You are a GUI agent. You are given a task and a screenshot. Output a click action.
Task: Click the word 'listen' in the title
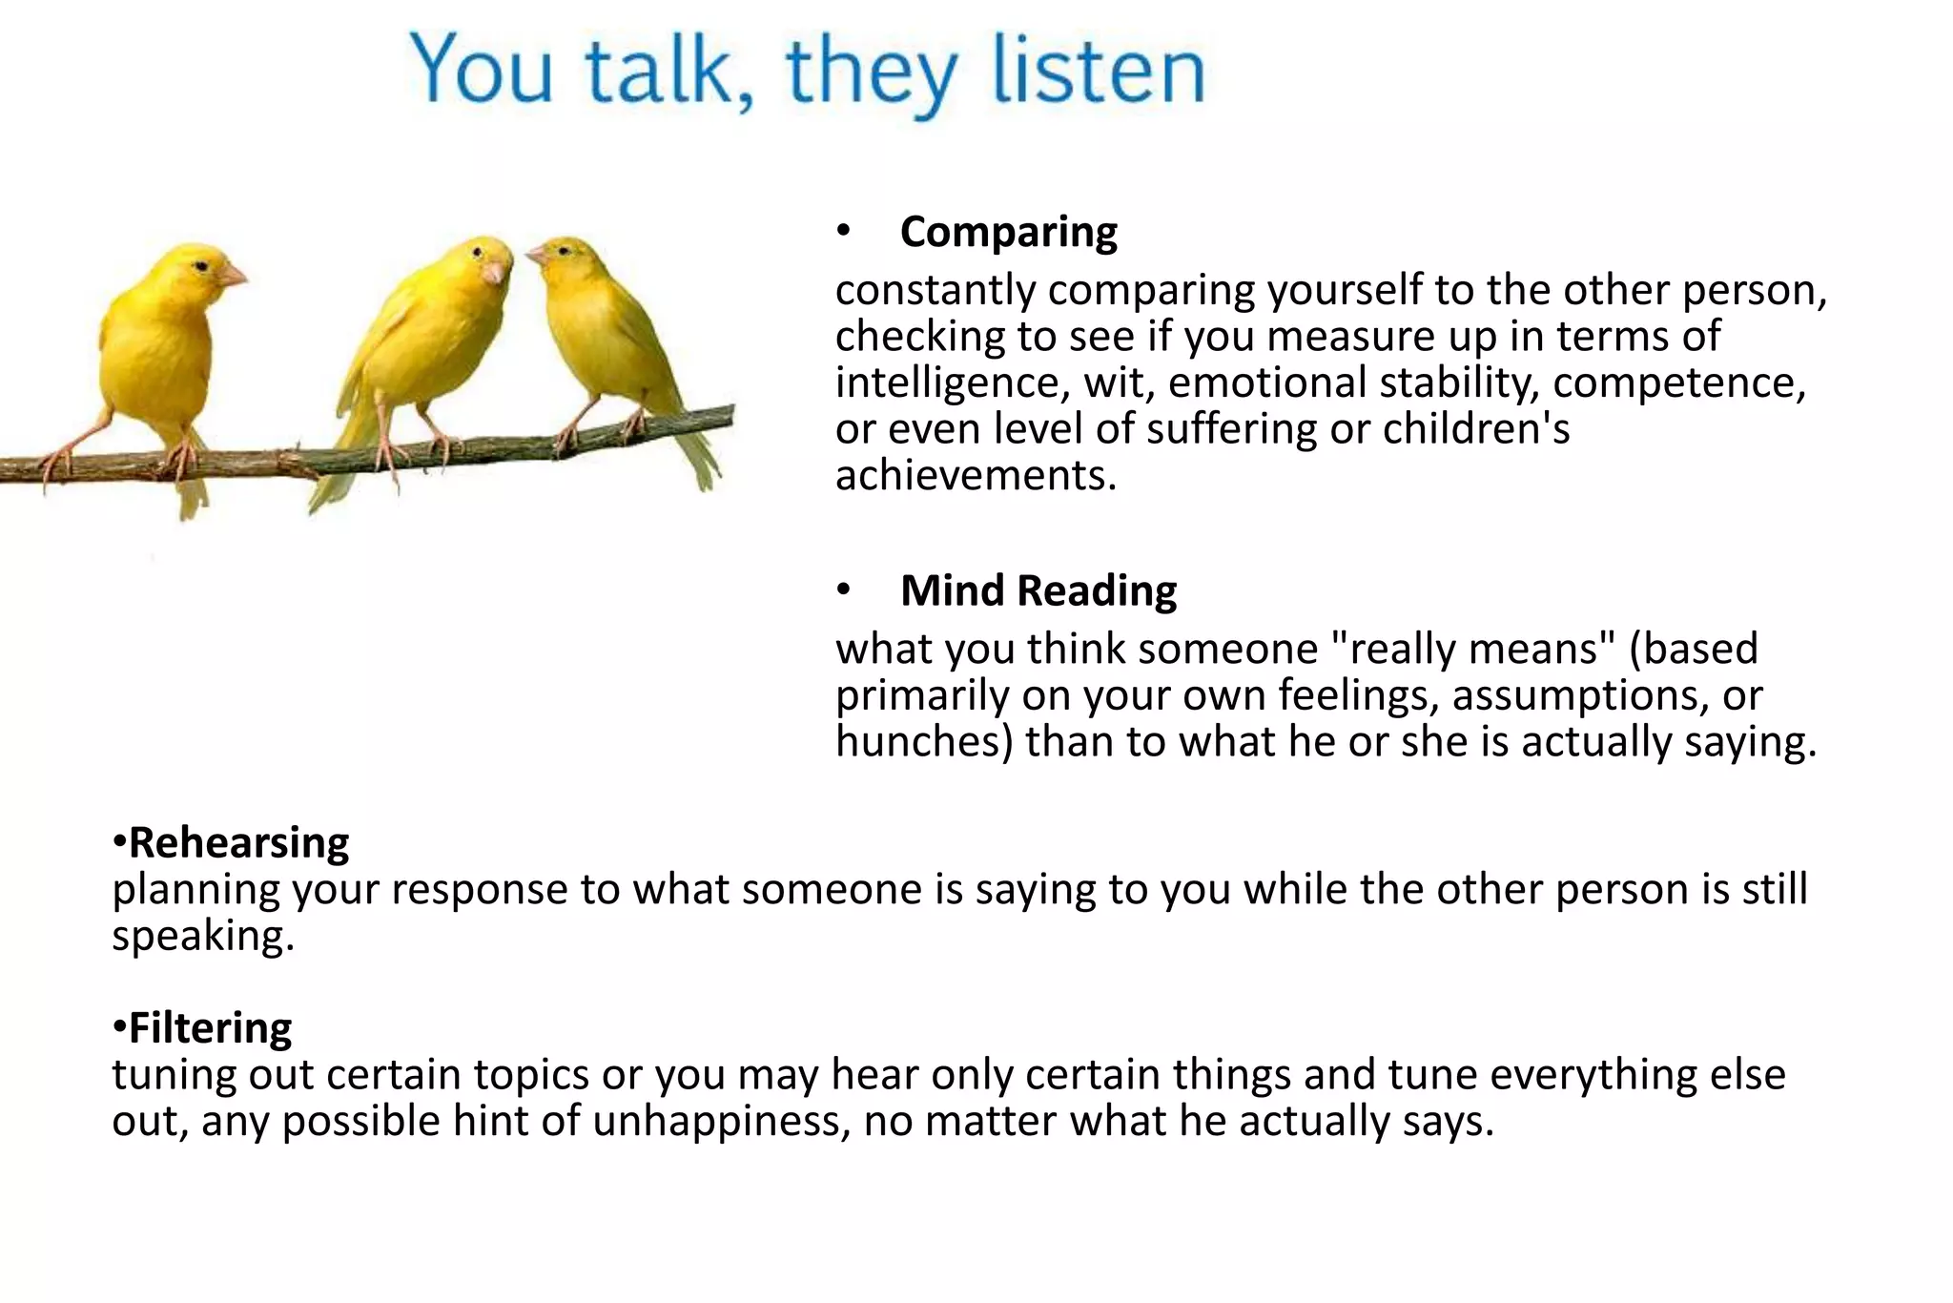coord(1099,72)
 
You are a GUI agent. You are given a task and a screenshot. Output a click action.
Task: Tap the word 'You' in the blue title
coord(482,72)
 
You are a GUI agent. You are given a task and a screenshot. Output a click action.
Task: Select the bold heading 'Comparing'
coord(1008,232)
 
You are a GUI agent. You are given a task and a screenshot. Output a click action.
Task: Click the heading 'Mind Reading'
coord(1038,590)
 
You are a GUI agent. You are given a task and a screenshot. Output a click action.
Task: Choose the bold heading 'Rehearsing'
coord(238,843)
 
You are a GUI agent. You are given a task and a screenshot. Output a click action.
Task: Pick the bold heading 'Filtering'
coord(210,1028)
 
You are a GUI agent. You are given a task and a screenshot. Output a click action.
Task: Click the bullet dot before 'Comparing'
coord(843,232)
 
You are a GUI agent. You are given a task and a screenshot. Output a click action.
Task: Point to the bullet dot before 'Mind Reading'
coord(843,590)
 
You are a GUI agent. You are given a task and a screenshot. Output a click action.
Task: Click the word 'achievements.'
coord(976,475)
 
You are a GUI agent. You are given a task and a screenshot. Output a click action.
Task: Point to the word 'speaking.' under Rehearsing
coord(203,936)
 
